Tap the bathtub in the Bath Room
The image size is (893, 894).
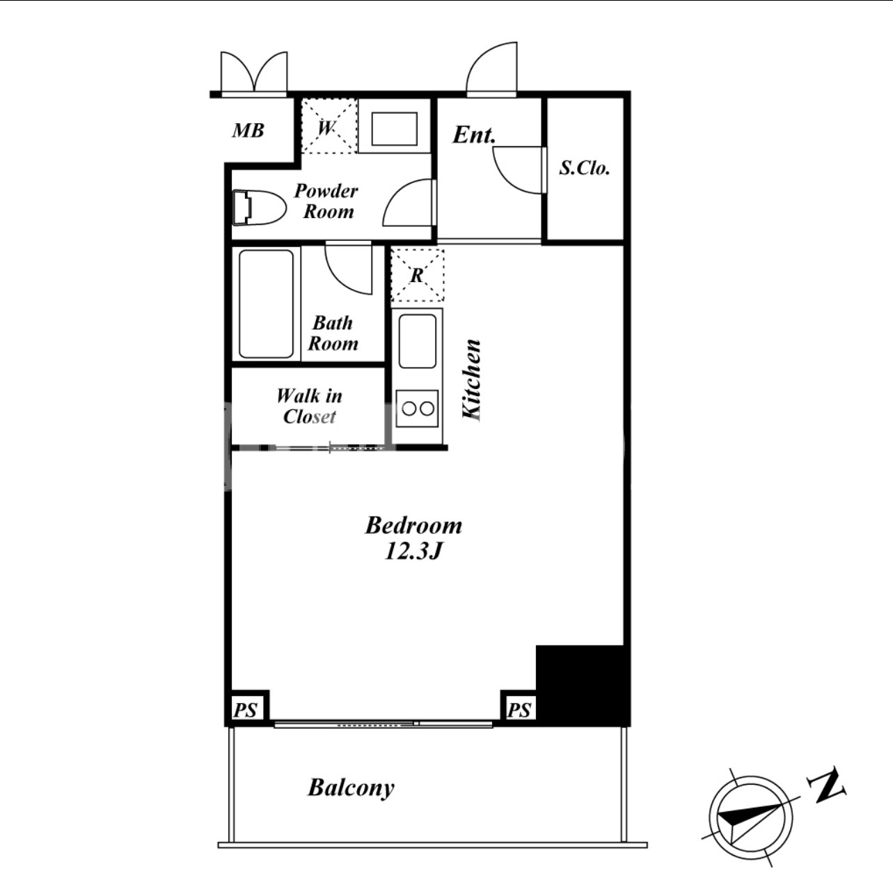[267, 304]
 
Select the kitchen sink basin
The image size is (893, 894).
[418, 341]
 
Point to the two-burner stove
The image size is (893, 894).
[418, 408]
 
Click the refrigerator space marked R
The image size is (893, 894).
[418, 276]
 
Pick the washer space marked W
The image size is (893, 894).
[329, 126]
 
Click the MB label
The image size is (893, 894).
[248, 131]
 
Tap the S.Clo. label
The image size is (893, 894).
[584, 168]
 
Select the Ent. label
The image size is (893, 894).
[474, 135]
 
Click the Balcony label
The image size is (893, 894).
[351, 787]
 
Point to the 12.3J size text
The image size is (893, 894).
[413, 551]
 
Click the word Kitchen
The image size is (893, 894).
[472, 380]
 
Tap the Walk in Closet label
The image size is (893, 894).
[310, 406]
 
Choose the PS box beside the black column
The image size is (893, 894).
[519, 708]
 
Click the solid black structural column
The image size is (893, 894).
[583, 684]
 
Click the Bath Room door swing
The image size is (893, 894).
[349, 269]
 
